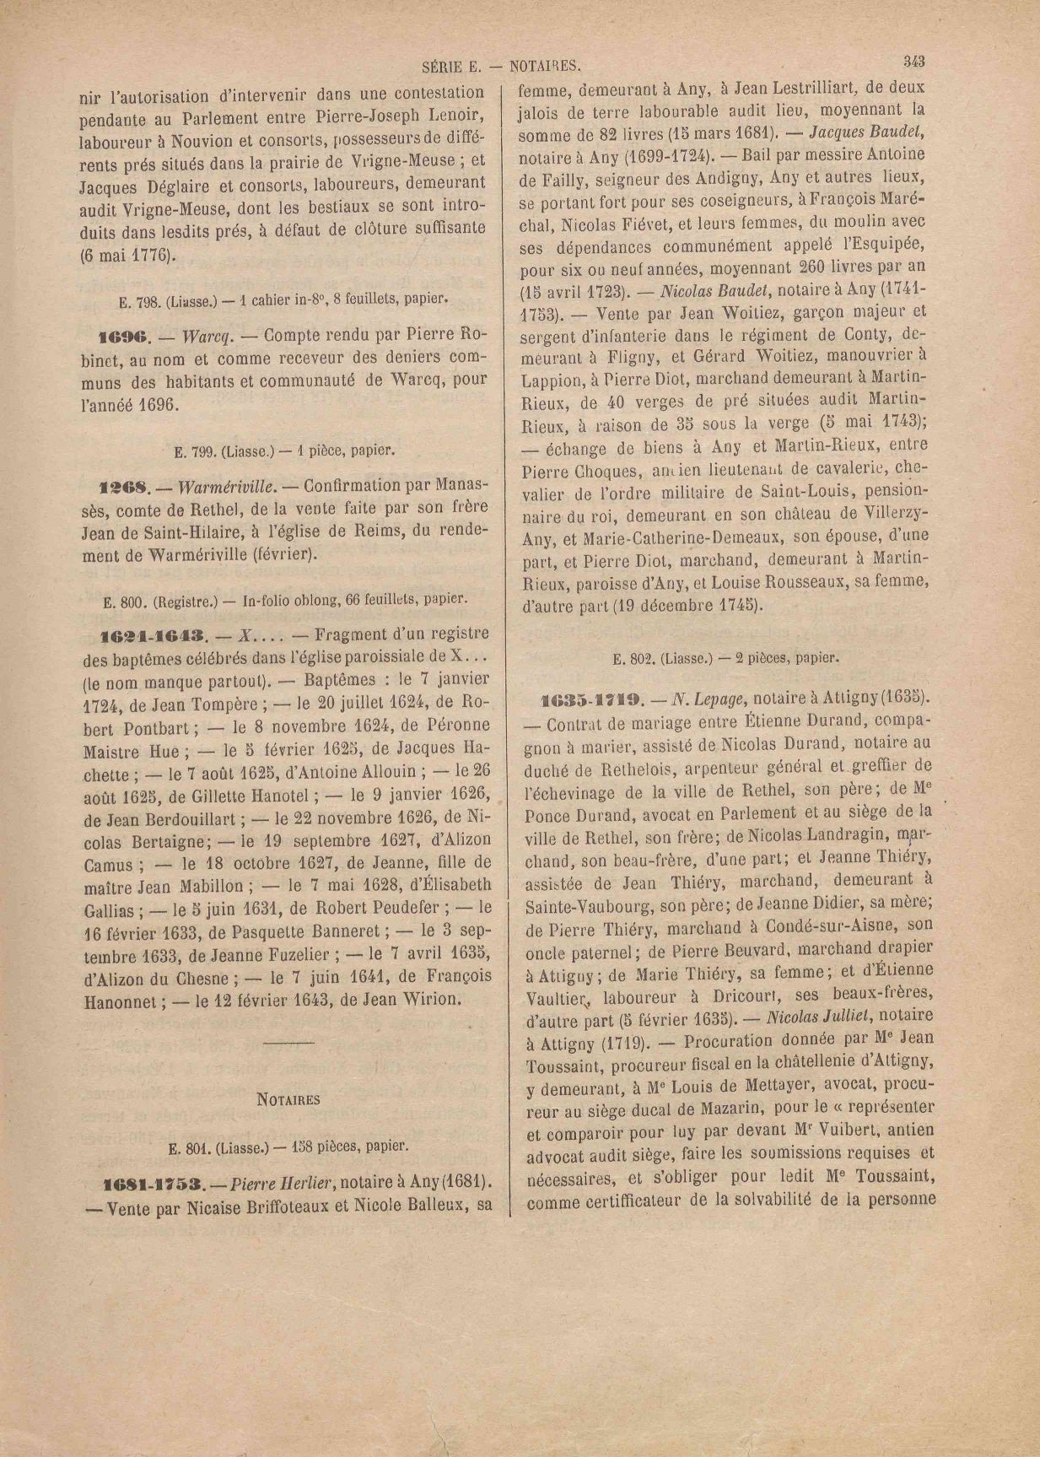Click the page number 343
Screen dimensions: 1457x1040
(x=913, y=62)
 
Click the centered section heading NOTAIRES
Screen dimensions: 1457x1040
(x=288, y=1099)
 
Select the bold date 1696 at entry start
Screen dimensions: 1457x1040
(x=125, y=337)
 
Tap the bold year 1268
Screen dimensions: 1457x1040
(x=124, y=487)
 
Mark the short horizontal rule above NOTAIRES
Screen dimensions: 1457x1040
(x=288, y=1044)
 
